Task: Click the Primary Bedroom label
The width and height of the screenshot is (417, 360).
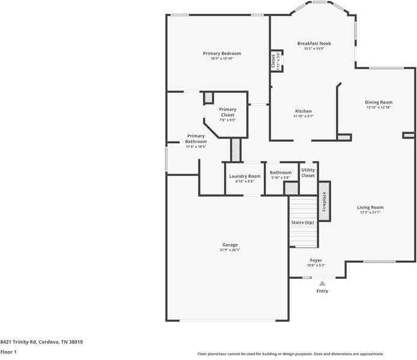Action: point(218,53)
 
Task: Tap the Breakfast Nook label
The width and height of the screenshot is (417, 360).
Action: point(314,43)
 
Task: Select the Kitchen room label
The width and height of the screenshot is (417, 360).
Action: point(303,111)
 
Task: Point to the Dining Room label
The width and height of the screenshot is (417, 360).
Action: point(379,102)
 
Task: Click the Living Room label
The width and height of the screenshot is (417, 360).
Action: point(371,207)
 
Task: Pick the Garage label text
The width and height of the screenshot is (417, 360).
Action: point(230,245)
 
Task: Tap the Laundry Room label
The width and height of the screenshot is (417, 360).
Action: point(245,176)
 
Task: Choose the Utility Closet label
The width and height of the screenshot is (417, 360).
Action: point(308,173)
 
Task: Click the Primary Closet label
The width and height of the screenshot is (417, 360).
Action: point(228,112)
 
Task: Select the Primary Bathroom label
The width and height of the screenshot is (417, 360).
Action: point(196,139)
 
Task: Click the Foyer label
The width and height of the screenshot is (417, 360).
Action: point(316,260)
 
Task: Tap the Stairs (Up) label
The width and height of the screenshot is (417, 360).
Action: point(303,222)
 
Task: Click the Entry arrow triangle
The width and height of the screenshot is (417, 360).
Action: point(322,283)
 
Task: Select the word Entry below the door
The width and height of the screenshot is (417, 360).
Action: point(322,291)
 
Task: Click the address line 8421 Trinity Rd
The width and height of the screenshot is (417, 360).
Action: point(41,342)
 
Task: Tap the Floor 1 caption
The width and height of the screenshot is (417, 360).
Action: point(8,352)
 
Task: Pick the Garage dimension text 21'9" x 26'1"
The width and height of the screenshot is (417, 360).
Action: point(230,250)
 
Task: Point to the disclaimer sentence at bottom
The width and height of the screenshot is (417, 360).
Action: point(291,354)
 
